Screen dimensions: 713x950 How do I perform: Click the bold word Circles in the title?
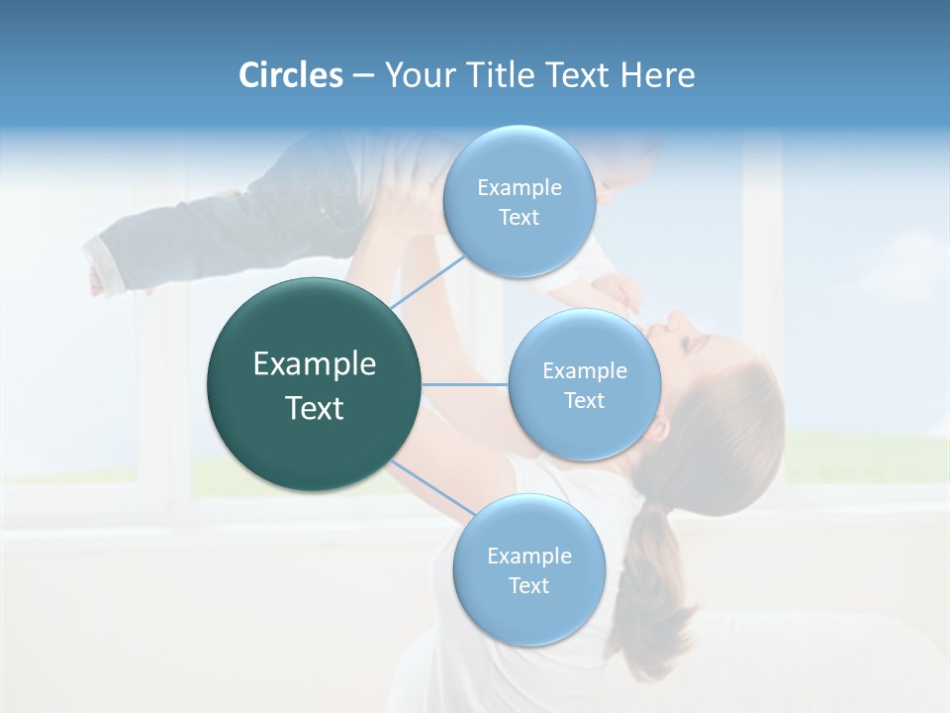click(290, 75)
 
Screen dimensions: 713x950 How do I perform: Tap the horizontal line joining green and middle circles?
click(465, 384)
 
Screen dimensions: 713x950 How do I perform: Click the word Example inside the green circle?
click(315, 364)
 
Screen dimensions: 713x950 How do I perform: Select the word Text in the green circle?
click(315, 408)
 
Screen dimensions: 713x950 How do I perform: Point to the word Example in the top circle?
click(520, 187)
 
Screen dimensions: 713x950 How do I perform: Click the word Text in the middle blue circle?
click(584, 400)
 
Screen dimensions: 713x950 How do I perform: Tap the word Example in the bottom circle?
click(528, 556)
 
